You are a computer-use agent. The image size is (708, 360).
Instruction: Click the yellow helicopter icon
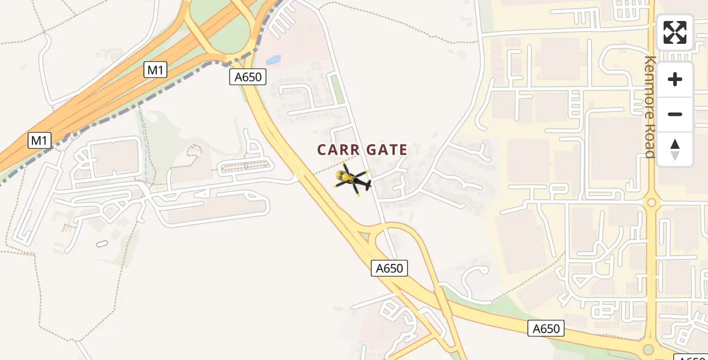coord(353,178)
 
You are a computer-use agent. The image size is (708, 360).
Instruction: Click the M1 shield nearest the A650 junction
coord(155,70)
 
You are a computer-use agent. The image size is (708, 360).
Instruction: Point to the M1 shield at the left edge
coord(39,141)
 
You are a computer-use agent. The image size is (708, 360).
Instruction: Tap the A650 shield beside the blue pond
coord(247,77)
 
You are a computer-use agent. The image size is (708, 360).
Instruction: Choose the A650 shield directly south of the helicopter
coord(389,268)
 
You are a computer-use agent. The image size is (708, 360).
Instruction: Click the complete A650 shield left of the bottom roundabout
coord(547,328)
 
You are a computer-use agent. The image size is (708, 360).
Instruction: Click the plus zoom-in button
coord(675,79)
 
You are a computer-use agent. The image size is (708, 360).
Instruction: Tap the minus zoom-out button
coord(675,114)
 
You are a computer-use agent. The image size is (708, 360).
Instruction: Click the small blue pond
coord(273,60)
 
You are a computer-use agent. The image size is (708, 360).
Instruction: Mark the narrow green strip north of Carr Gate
coord(337,88)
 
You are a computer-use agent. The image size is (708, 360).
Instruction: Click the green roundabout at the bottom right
coord(647,350)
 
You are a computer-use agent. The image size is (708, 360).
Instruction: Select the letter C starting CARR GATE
coord(323,150)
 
